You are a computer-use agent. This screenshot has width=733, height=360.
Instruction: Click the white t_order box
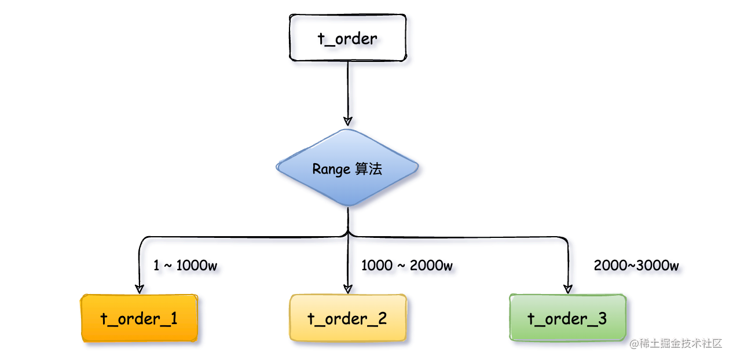(347, 38)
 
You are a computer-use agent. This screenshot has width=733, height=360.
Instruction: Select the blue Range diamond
(347, 168)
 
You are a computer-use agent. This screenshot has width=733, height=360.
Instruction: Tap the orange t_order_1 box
(140, 318)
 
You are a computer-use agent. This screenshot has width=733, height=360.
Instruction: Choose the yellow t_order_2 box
(348, 318)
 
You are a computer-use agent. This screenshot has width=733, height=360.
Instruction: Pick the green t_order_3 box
(568, 318)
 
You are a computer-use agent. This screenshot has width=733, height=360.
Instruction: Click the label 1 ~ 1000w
(185, 265)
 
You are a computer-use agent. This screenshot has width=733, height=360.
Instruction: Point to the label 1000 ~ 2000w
(407, 265)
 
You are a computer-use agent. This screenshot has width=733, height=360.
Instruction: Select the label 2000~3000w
(636, 265)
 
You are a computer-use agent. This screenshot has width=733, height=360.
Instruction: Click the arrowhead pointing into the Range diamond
(348, 121)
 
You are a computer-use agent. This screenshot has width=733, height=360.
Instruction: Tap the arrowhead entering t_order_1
(140, 289)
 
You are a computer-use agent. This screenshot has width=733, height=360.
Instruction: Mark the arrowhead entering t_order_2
(348, 289)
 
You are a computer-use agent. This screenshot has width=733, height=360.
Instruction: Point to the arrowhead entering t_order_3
(568, 289)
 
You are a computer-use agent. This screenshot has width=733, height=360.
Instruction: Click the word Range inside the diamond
(331, 170)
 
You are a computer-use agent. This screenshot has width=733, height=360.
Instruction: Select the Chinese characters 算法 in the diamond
(369, 169)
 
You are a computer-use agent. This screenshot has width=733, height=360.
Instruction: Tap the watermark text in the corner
(676, 343)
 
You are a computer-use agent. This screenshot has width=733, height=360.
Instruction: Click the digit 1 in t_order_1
(174, 318)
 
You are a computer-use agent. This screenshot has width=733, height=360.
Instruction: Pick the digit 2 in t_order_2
(382, 318)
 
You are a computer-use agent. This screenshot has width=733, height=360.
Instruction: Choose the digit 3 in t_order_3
(602, 318)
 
